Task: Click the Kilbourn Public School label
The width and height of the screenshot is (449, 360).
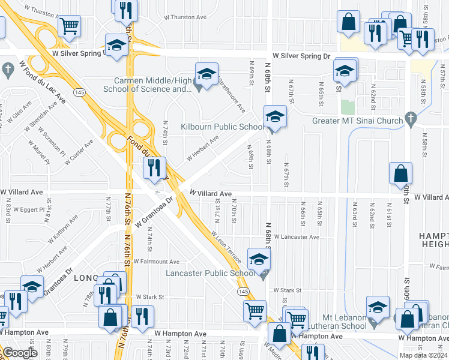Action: pyautogui.click(x=221, y=127)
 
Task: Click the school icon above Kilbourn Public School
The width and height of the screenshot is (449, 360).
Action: pyautogui.click(x=275, y=116)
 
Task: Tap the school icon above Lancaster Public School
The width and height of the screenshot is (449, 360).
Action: pyautogui.click(x=259, y=259)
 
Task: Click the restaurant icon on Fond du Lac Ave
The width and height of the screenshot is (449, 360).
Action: pyautogui.click(x=154, y=169)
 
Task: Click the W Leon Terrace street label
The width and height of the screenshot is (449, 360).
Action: pyautogui.click(x=226, y=247)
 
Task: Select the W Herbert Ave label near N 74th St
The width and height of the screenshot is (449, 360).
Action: pyautogui.click(x=202, y=148)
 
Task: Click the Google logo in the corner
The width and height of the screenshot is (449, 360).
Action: pyautogui.click(x=20, y=353)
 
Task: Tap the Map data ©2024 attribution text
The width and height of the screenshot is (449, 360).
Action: pyautogui.click(x=423, y=355)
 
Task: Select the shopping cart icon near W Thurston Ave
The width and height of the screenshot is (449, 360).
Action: pyautogui.click(x=69, y=26)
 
